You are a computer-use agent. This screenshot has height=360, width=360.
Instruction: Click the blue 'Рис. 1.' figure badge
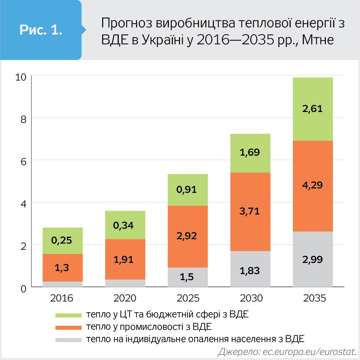[x=41, y=30]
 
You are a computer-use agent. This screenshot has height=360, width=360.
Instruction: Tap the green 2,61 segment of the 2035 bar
[x=313, y=109]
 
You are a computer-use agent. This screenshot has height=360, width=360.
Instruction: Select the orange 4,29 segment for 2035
[x=313, y=185]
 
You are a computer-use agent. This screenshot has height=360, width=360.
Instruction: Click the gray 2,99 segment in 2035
[x=313, y=259]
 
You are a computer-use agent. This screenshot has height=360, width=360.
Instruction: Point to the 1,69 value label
[x=250, y=152]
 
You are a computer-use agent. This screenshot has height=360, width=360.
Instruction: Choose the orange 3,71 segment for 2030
[x=250, y=211]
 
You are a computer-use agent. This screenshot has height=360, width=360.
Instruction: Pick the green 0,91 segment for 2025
[x=187, y=189]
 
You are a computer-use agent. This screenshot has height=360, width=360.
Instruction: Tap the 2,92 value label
[x=187, y=236]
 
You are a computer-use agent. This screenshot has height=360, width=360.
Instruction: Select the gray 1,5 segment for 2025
[x=187, y=277]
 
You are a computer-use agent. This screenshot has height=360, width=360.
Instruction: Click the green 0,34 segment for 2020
[x=125, y=225]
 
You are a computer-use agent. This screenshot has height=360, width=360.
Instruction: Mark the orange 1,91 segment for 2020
[x=125, y=259]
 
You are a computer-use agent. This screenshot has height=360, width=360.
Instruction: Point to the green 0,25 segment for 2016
[x=63, y=241]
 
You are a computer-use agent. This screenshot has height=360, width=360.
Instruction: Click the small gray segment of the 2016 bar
[x=63, y=284]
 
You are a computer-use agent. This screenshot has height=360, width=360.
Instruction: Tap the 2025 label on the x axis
[x=187, y=298]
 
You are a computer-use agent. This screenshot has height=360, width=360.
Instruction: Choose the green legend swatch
[x=69, y=315]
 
